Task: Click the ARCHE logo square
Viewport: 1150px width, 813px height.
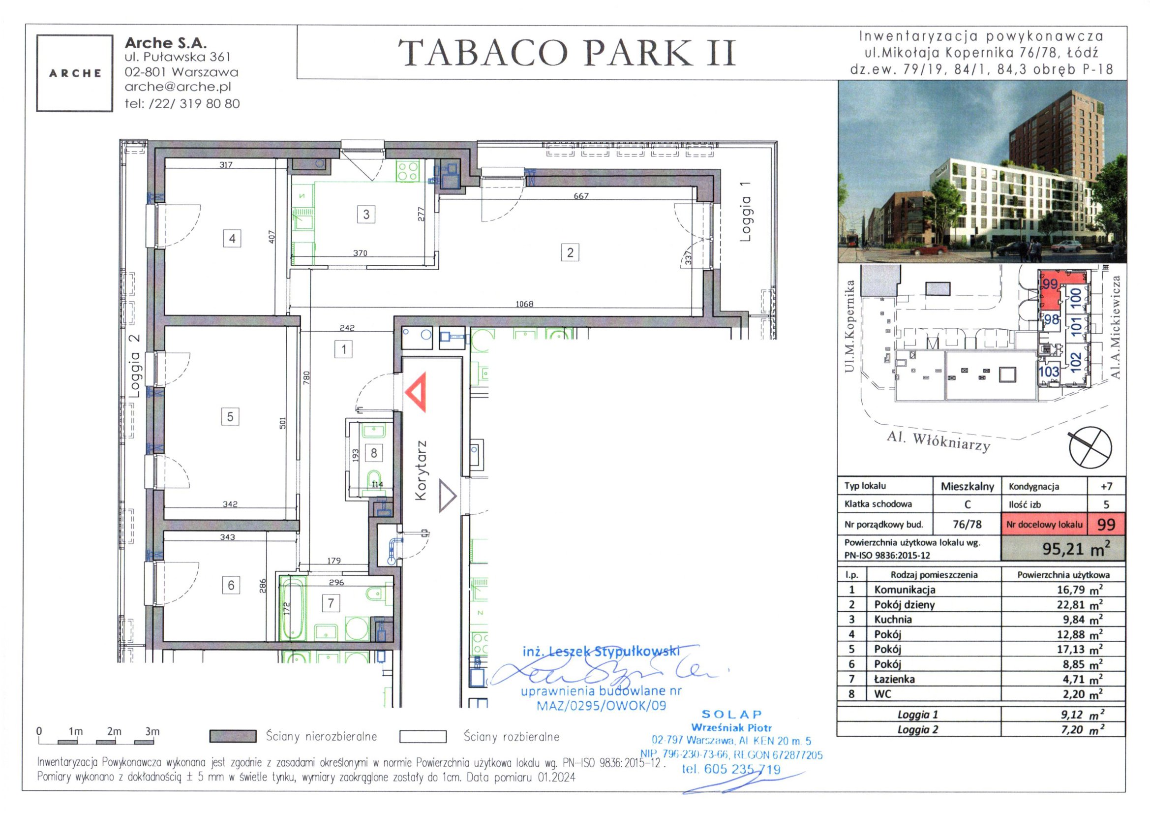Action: (x=75, y=73)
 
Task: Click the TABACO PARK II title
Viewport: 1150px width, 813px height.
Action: (x=567, y=53)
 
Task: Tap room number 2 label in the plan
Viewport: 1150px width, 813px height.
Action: (x=570, y=252)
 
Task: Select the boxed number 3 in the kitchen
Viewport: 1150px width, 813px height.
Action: (x=366, y=215)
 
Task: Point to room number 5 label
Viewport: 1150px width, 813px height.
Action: (x=230, y=416)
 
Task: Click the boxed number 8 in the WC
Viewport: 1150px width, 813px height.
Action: (x=374, y=453)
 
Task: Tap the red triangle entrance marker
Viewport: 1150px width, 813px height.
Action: (x=416, y=392)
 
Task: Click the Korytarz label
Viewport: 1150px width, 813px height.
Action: (x=421, y=470)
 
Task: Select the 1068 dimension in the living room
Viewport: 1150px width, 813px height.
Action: (x=524, y=304)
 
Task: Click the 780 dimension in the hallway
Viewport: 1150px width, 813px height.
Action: (x=306, y=377)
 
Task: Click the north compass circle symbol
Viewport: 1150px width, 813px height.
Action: (x=1090, y=448)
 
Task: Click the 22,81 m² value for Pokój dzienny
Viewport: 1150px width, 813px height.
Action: (x=1079, y=604)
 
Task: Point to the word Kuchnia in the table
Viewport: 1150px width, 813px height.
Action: (x=893, y=619)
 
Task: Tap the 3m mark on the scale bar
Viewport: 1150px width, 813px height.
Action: (x=152, y=731)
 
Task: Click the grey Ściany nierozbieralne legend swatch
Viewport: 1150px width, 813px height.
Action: (x=233, y=736)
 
